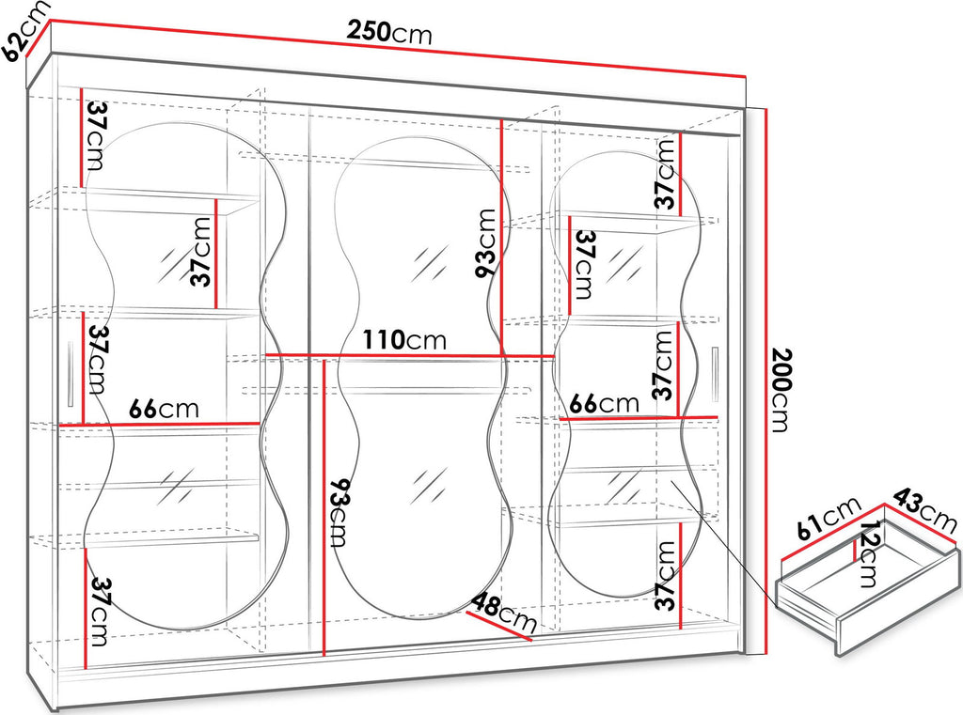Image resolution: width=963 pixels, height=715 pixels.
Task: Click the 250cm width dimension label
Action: coord(389,31)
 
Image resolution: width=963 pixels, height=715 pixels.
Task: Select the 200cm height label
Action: coord(780,390)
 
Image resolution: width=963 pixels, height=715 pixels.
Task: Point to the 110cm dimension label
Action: coord(404,339)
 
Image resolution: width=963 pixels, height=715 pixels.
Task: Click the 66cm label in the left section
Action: coord(164,409)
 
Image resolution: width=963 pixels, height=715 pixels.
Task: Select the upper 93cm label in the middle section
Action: coord(486,243)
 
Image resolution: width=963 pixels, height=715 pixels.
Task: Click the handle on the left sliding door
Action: coord(71,373)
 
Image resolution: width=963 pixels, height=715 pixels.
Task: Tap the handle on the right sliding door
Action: coord(715,374)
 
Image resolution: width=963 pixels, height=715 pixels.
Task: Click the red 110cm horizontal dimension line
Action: coord(410,355)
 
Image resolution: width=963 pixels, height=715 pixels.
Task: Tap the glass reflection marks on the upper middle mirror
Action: coord(430,263)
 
